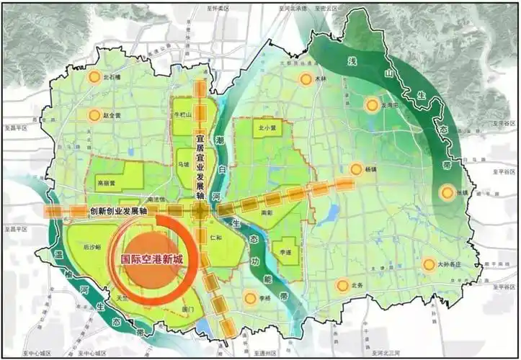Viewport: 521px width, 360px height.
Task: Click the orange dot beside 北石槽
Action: click(94, 77)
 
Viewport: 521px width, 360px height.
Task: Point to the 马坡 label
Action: click(184, 163)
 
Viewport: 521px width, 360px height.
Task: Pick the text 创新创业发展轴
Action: click(119, 211)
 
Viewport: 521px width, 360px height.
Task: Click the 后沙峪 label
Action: click(92, 246)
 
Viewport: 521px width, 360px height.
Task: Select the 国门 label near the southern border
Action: click(189, 309)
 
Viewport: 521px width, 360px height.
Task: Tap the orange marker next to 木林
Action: click(306, 79)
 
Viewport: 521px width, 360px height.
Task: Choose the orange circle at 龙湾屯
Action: click(371, 103)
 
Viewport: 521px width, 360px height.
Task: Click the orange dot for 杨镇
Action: click(355, 170)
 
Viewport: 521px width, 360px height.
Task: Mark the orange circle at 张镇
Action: click(447, 192)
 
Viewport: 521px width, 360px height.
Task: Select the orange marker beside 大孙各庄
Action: click(429, 264)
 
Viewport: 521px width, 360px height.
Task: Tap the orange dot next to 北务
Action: click(342, 285)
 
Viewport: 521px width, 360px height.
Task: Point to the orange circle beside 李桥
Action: click(250, 298)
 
